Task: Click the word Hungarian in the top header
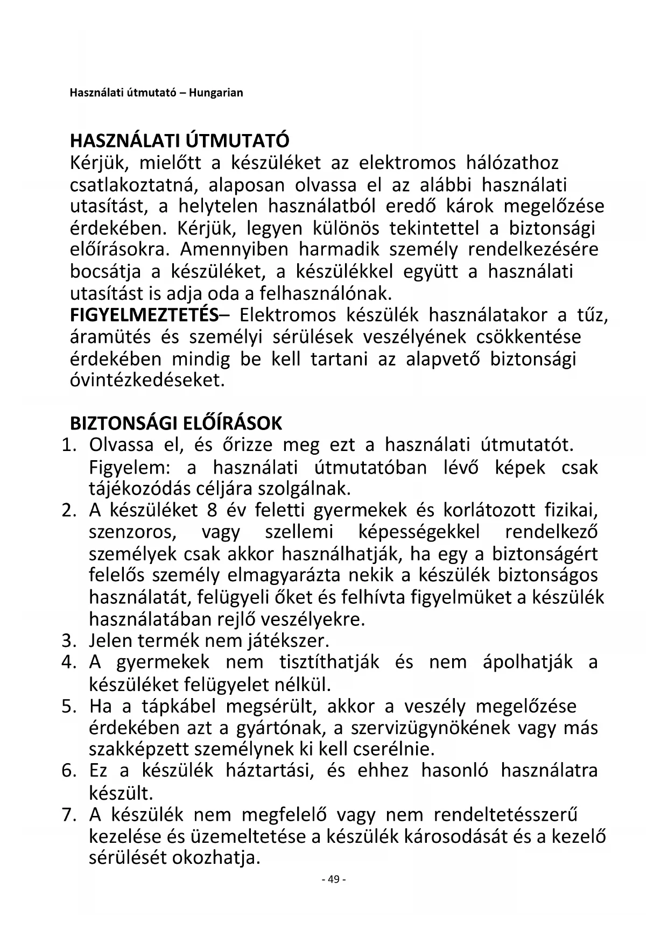click(219, 93)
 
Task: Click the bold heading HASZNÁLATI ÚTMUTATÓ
click(179, 141)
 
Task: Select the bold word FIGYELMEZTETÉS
click(144, 315)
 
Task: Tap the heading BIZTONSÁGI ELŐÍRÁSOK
click(176, 424)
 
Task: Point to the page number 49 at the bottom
click(333, 879)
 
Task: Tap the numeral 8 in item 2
click(211, 510)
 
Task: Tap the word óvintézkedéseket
click(147, 381)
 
